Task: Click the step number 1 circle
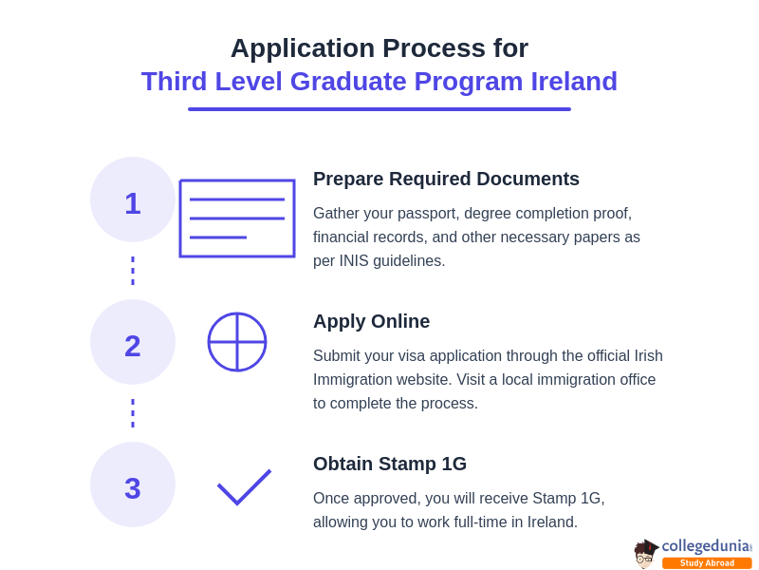[x=133, y=199]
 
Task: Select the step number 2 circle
[x=133, y=342]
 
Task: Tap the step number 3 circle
[x=133, y=484]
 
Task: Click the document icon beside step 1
[x=237, y=218]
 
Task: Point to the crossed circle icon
[x=237, y=342]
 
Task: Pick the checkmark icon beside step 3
[x=244, y=486]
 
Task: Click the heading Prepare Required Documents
[x=446, y=179]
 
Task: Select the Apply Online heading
[x=371, y=321]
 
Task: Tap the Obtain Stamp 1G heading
[x=390, y=464]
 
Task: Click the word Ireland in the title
[x=574, y=82]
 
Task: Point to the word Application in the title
[x=303, y=48]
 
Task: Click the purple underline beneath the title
[x=379, y=109]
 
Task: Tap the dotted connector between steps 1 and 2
[x=133, y=271]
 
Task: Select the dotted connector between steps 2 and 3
[x=133, y=413]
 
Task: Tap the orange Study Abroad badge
[x=707, y=563]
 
